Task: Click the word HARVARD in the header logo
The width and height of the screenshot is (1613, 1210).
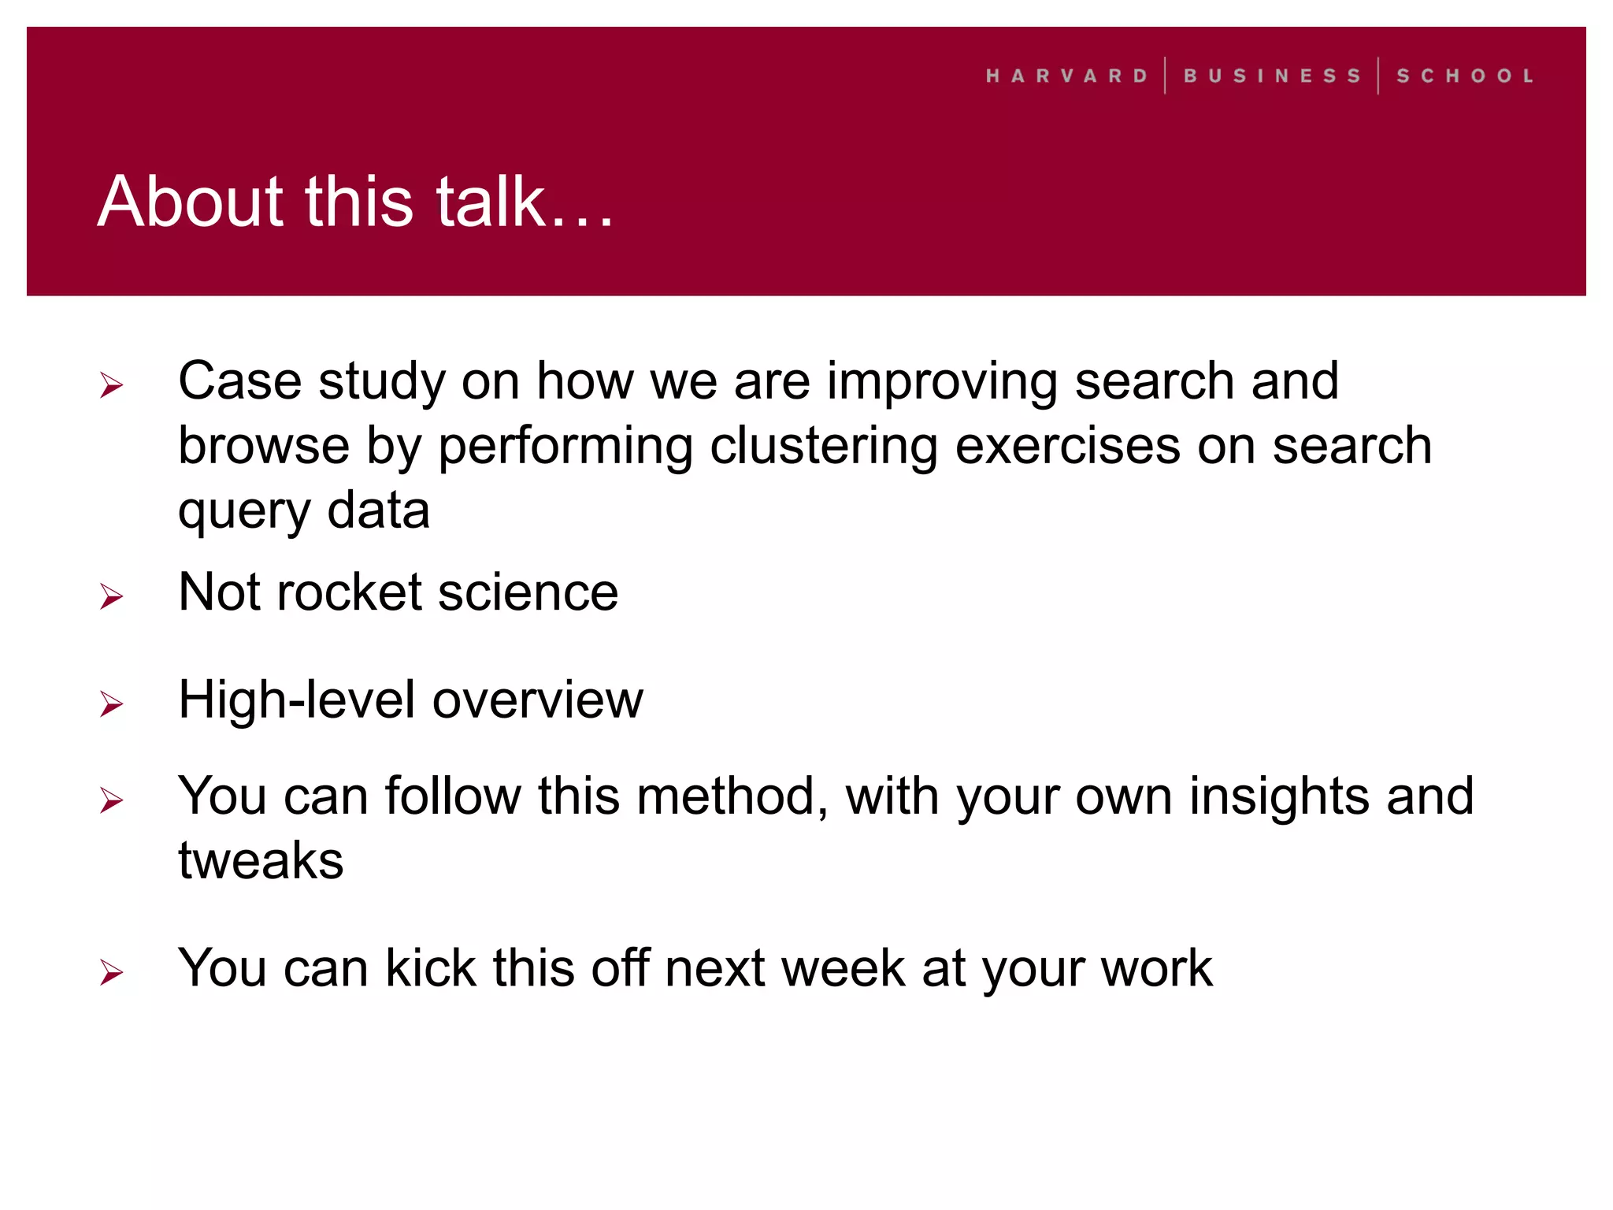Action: click(1067, 76)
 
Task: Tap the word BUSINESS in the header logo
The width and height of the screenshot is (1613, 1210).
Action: click(1272, 76)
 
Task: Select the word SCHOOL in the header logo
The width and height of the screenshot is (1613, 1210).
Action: click(1465, 76)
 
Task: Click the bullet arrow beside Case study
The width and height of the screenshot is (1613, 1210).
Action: click(112, 385)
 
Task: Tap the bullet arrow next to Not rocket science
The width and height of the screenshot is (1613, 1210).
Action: click(112, 596)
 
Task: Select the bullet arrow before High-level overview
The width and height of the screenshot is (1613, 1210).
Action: click(112, 703)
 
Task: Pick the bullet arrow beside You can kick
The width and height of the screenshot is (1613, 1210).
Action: click(112, 973)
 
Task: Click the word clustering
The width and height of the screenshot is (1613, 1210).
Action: click(824, 447)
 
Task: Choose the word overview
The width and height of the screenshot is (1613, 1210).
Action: click(538, 700)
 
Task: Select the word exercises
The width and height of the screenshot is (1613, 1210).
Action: click(1068, 446)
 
